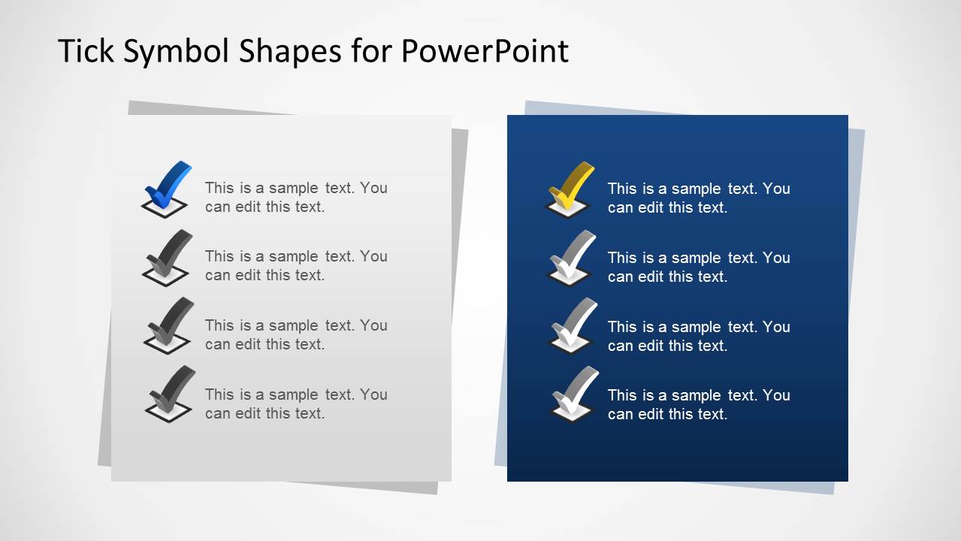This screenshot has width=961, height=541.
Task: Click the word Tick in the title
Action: click(x=84, y=51)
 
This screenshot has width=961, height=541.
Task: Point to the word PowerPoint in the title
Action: click(x=485, y=51)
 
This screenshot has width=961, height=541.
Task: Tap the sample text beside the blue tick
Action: click(x=296, y=197)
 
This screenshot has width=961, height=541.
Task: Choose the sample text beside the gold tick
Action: click(x=699, y=198)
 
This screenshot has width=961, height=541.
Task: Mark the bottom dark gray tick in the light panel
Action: click(x=170, y=389)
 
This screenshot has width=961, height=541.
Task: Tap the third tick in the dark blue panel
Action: click(x=573, y=322)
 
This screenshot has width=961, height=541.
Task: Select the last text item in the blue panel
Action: click(x=699, y=404)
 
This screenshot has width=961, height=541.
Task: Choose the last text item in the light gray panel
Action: click(x=296, y=403)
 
